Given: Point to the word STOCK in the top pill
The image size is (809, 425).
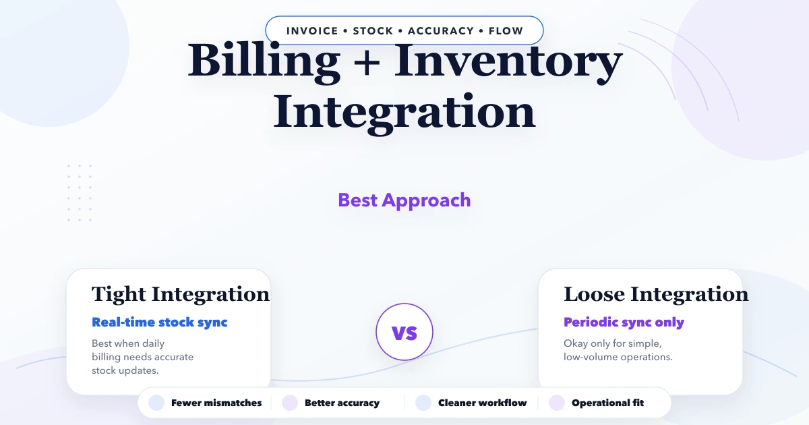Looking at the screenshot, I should tap(373, 31).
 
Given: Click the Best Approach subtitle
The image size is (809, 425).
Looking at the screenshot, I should tap(404, 200).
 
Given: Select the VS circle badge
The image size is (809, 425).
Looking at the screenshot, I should tap(404, 333).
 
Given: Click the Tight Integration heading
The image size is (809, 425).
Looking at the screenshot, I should tap(180, 294).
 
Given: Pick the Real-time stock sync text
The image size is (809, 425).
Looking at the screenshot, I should tap(160, 322).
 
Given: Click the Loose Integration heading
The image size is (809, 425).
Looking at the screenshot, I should tap(656, 294).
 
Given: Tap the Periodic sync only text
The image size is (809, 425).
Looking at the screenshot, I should tap(624, 322).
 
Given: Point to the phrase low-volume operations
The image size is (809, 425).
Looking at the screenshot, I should tap(618, 357).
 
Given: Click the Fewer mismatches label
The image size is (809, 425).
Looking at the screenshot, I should tap(216, 403).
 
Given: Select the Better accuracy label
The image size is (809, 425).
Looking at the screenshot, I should tap(342, 403).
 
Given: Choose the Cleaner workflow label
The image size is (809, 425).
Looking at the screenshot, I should tap(482, 403).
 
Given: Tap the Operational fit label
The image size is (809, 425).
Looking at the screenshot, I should tap(607, 403).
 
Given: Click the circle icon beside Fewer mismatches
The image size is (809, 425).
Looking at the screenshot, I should tap(156, 403).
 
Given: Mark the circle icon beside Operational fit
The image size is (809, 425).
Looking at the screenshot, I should tap(557, 403).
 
